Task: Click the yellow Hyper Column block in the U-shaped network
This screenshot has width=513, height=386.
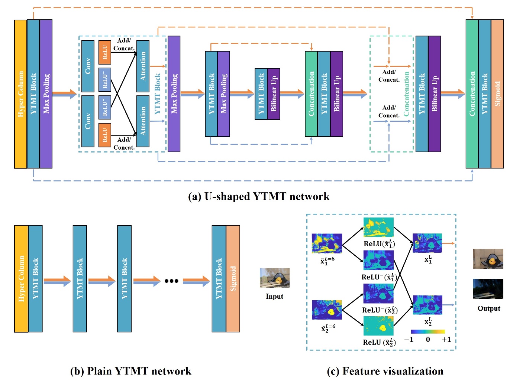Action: [x=20, y=94]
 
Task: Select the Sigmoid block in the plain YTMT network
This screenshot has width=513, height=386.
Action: [x=233, y=279]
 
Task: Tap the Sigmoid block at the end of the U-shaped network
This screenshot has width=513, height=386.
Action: [x=497, y=94]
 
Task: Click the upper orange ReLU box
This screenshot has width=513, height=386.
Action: [x=105, y=52]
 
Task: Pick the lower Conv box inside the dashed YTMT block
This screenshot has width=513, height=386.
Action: [x=88, y=121]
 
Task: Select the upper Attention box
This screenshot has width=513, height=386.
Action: [x=143, y=66]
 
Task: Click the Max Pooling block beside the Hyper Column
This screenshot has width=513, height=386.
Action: [x=46, y=94]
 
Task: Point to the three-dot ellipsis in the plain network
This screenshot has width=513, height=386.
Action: [x=171, y=281]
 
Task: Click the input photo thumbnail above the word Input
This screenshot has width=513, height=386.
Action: [x=274, y=278]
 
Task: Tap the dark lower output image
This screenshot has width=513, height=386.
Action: [x=488, y=289]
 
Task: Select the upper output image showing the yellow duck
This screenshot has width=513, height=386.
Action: [x=488, y=259]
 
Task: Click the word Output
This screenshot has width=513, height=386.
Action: [x=488, y=308]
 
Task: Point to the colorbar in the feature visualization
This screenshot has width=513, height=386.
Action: [x=427, y=331]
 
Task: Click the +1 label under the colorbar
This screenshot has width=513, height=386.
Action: [x=446, y=340]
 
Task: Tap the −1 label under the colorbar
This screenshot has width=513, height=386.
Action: [x=409, y=340]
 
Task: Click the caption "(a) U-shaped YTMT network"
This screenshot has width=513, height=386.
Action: [x=259, y=196]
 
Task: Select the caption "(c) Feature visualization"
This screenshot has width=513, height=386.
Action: [x=385, y=371]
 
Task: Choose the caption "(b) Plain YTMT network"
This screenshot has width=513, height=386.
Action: [x=130, y=371]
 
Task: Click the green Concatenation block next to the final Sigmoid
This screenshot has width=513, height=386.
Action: [x=472, y=94]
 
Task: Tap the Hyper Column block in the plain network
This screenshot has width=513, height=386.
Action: [x=21, y=279]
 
